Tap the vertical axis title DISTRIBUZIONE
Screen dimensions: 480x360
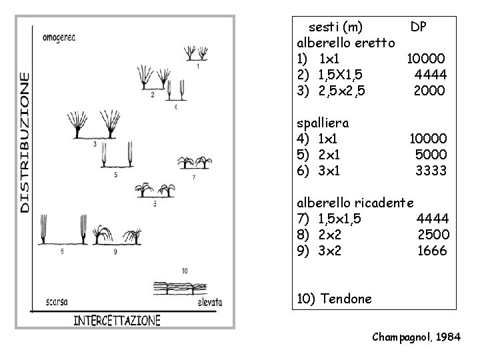click(25, 143)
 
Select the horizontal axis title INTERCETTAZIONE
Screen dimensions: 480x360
click(117, 320)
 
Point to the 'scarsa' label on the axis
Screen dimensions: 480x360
click(56, 302)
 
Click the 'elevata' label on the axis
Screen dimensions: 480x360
click(209, 302)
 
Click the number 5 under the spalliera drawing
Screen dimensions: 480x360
click(116, 175)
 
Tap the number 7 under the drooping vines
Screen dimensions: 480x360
click(193, 178)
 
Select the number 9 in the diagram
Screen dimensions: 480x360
click(115, 251)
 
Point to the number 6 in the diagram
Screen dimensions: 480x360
click(61, 251)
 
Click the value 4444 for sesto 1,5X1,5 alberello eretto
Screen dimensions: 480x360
click(430, 74)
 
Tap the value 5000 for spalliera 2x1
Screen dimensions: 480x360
click(430, 155)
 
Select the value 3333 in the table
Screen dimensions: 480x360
click(431, 171)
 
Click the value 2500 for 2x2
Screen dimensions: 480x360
click(433, 235)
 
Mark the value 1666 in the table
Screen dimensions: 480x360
click(433, 251)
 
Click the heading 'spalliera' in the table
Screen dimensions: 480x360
click(323, 123)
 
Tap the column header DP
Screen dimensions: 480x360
click(419, 27)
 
